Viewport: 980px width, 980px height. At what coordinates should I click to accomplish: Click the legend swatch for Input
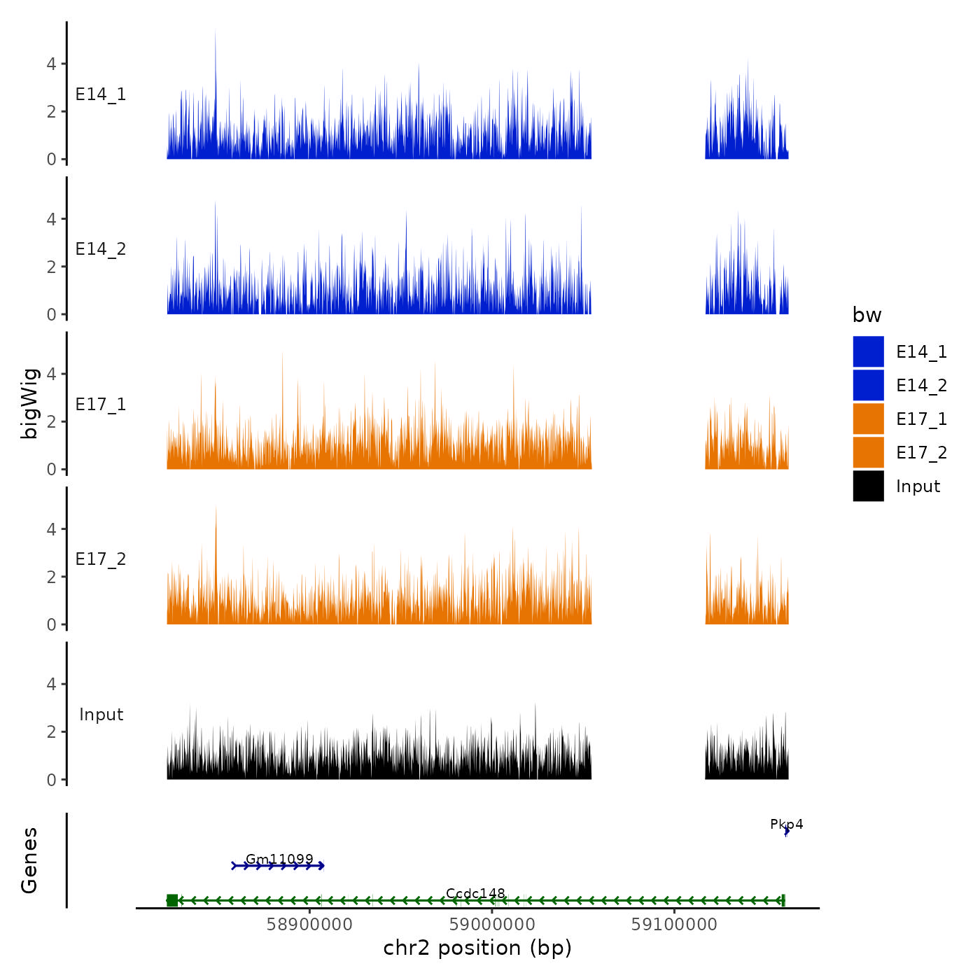click(x=868, y=486)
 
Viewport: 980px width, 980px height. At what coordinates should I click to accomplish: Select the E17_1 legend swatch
click(x=868, y=419)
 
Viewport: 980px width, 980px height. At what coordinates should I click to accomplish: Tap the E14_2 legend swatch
click(x=868, y=386)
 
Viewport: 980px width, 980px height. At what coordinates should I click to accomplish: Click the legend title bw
click(x=867, y=316)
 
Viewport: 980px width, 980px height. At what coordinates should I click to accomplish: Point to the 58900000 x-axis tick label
click(x=309, y=925)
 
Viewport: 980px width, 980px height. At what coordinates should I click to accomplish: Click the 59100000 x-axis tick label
click(x=674, y=925)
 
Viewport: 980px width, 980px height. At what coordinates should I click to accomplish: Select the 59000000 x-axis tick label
click(x=492, y=925)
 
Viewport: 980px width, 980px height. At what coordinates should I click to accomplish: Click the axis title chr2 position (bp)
click(x=477, y=948)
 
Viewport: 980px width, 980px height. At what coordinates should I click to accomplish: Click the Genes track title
click(x=29, y=860)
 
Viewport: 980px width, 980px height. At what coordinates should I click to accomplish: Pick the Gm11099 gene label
click(x=279, y=859)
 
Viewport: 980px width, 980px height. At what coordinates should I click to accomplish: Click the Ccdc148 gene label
click(x=475, y=893)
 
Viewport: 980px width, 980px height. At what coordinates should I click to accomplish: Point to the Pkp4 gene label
click(x=786, y=824)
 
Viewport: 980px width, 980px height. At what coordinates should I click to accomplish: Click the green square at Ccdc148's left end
click(x=172, y=900)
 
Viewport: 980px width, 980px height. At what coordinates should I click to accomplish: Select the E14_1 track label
click(x=101, y=94)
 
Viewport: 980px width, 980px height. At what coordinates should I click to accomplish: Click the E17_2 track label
click(x=101, y=559)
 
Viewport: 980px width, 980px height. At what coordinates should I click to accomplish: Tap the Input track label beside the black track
click(x=101, y=715)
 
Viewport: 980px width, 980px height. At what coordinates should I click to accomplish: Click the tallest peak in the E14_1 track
click(x=215, y=32)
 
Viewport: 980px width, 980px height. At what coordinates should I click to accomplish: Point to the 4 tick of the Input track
click(x=51, y=684)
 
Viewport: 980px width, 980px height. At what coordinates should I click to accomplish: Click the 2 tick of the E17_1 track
click(x=51, y=421)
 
